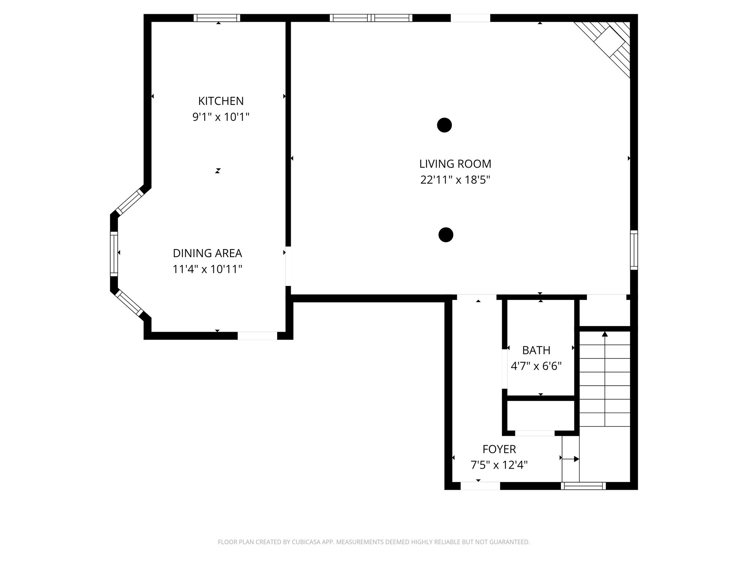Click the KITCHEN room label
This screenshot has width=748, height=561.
(x=221, y=101)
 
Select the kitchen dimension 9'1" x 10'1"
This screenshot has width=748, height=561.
(x=221, y=117)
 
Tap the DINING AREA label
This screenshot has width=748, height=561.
(x=207, y=253)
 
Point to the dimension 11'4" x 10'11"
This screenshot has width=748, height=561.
(x=207, y=270)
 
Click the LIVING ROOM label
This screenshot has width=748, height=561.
(x=455, y=164)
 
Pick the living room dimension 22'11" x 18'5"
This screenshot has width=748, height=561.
(x=455, y=180)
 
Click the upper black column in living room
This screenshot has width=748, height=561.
(x=444, y=125)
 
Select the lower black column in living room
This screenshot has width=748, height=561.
(x=445, y=235)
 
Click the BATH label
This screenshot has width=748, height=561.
(x=536, y=350)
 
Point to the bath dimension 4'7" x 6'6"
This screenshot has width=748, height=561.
(x=536, y=366)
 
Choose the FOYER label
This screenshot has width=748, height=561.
(x=499, y=449)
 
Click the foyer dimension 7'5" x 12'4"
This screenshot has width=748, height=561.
(x=499, y=465)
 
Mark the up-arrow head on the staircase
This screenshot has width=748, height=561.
(x=605, y=334)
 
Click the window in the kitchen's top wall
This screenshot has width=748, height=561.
(x=217, y=18)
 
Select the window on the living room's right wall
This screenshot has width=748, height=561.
(x=634, y=250)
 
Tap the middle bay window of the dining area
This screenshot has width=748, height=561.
(x=114, y=253)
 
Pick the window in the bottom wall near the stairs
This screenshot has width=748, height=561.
(x=583, y=486)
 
